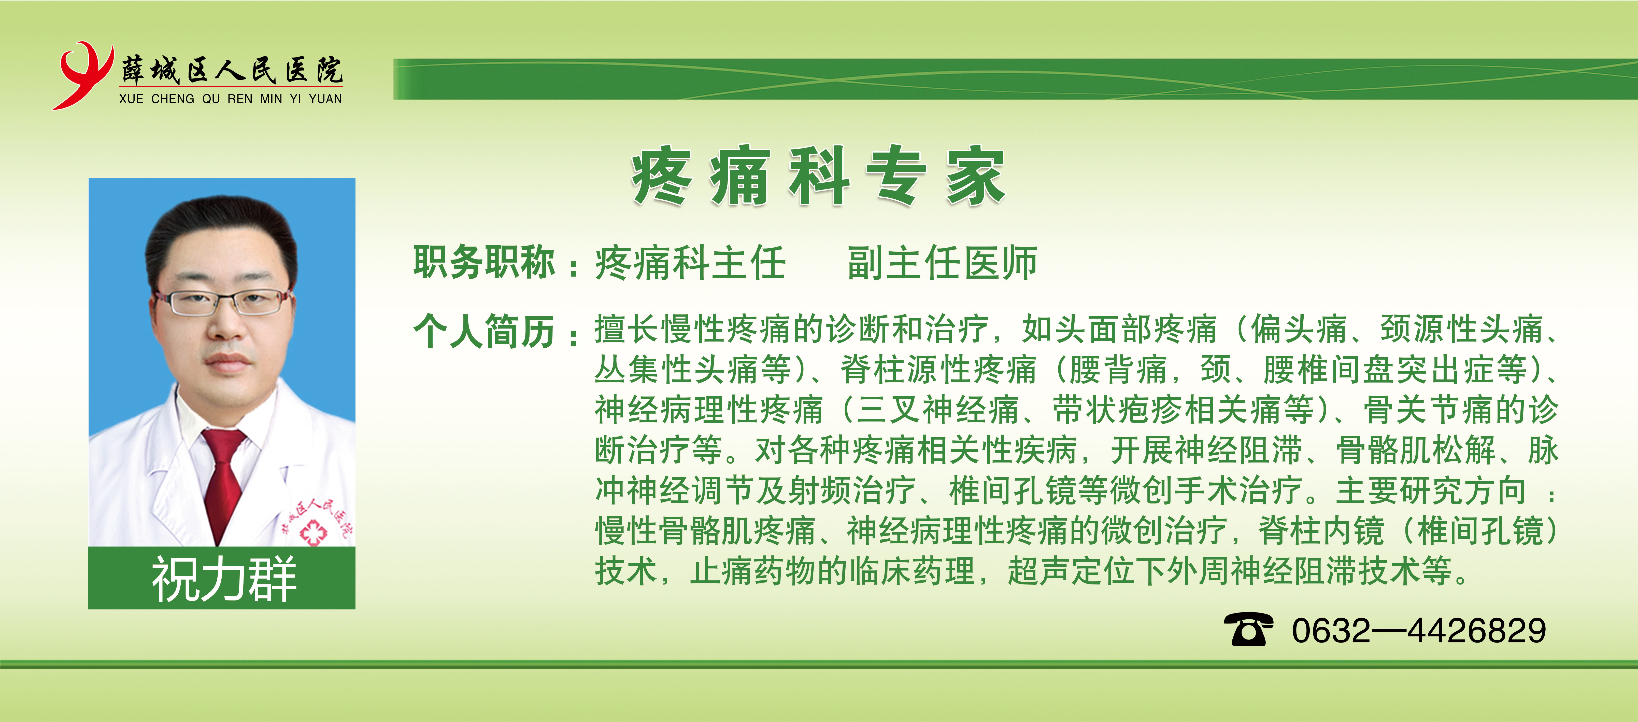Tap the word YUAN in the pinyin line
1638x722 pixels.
325,99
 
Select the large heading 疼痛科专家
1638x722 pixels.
818,176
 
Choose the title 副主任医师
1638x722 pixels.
942,263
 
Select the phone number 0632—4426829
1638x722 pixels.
1419,630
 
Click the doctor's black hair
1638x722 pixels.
221,232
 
